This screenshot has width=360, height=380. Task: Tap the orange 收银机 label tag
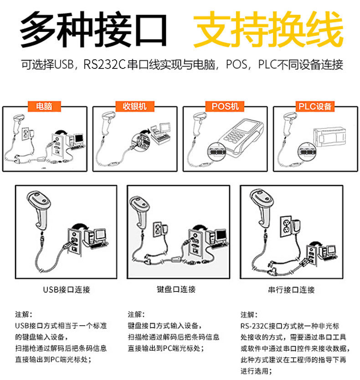pos(134,106)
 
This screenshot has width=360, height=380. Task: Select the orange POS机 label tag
pos(225,106)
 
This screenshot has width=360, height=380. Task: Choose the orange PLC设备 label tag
pos(315,106)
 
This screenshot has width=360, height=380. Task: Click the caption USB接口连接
pos(67,289)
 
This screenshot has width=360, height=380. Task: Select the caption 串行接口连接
pos(291,289)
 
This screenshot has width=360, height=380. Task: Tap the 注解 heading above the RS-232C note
pos(249,314)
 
